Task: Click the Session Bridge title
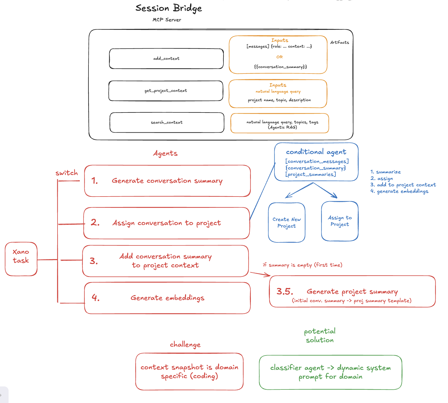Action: [168, 8]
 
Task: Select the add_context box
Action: [166, 59]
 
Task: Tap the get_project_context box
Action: [166, 91]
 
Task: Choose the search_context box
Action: [167, 122]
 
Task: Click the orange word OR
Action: [279, 57]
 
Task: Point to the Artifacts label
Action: [339, 42]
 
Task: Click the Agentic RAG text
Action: [282, 127]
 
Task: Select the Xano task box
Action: [21, 259]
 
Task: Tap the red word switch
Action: [66, 173]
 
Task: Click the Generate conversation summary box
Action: [167, 181]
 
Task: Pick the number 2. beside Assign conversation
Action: [95, 223]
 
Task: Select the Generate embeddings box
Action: [167, 298]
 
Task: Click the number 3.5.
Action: [285, 291]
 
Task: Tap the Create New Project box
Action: [286, 223]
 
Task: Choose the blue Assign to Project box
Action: [340, 221]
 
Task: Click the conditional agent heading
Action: [316, 152]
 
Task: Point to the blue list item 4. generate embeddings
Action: [399, 191]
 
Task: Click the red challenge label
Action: [185, 345]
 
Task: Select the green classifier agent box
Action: [330, 372]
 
